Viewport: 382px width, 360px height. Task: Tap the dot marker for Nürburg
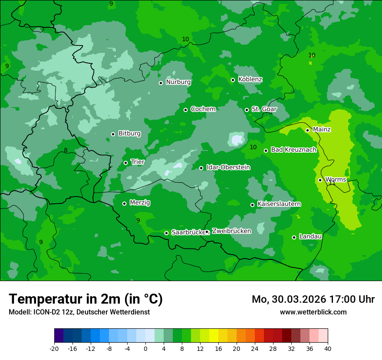pos(161,83)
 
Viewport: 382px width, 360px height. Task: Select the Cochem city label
pos(203,109)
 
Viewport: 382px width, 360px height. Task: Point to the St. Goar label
pos(264,109)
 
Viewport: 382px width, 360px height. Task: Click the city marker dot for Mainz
pos(307,130)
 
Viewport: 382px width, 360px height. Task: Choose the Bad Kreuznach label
pos(293,150)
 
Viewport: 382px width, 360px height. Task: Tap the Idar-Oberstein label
pos(228,167)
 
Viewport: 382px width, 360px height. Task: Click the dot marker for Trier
pos(125,163)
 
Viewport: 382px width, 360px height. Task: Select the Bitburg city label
pos(129,134)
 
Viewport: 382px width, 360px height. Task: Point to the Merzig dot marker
pos(124,203)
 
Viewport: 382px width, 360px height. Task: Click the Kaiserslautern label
pos(279,204)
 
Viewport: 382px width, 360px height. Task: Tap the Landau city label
pos(310,237)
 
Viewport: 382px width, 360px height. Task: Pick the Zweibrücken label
pos(231,231)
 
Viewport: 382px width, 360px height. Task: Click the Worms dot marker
pos(320,180)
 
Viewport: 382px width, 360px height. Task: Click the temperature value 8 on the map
pos(66,151)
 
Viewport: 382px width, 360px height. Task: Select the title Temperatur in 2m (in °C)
pos(86,299)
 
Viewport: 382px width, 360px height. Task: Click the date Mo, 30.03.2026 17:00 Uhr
pos(313,299)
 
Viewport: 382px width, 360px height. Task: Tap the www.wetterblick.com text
pos(313,312)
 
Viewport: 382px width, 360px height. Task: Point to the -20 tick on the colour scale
pos(54,348)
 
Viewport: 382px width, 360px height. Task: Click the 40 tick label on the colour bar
pos(328,348)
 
